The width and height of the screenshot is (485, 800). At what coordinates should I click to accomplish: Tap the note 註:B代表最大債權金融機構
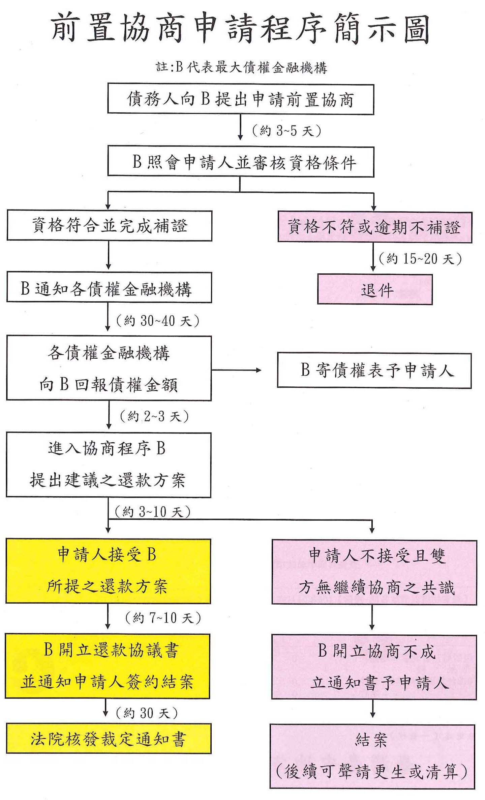pyautogui.click(x=241, y=67)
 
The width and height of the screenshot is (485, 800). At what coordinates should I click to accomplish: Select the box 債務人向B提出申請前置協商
pyautogui.click(x=241, y=99)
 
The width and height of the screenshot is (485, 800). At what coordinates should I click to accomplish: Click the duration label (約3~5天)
pyautogui.click(x=287, y=131)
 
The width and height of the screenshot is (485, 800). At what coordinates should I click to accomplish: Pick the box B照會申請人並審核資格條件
pyautogui.click(x=241, y=162)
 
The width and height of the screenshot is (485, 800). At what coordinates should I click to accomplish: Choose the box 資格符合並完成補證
pyautogui.click(x=109, y=225)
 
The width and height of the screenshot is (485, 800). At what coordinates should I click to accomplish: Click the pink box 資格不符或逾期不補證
pyautogui.click(x=374, y=227)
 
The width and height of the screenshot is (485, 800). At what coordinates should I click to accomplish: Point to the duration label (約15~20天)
pyautogui.click(x=420, y=259)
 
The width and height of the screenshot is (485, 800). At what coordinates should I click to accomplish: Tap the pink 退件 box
pyautogui.click(x=374, y=289)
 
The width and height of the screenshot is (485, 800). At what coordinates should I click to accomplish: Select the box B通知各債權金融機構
pyautogui.click(x=109, y=288)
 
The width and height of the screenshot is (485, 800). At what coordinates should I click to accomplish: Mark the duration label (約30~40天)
pyautogui.click(x=157, y=320)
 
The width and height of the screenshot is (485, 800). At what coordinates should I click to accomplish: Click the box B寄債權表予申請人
pyautogui.click(x=374, y=370)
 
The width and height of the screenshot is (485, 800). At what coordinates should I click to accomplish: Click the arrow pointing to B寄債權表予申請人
pyautogui.click(x=236, y=370)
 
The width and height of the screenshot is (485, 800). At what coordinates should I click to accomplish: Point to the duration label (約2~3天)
pyautogui.click(x=154, y=416)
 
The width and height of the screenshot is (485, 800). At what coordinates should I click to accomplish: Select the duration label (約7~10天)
pyautogui.click(x=163, y=618)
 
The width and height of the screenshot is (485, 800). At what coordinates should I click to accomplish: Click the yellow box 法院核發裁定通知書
pyautogui.click(x=108, y=738)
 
